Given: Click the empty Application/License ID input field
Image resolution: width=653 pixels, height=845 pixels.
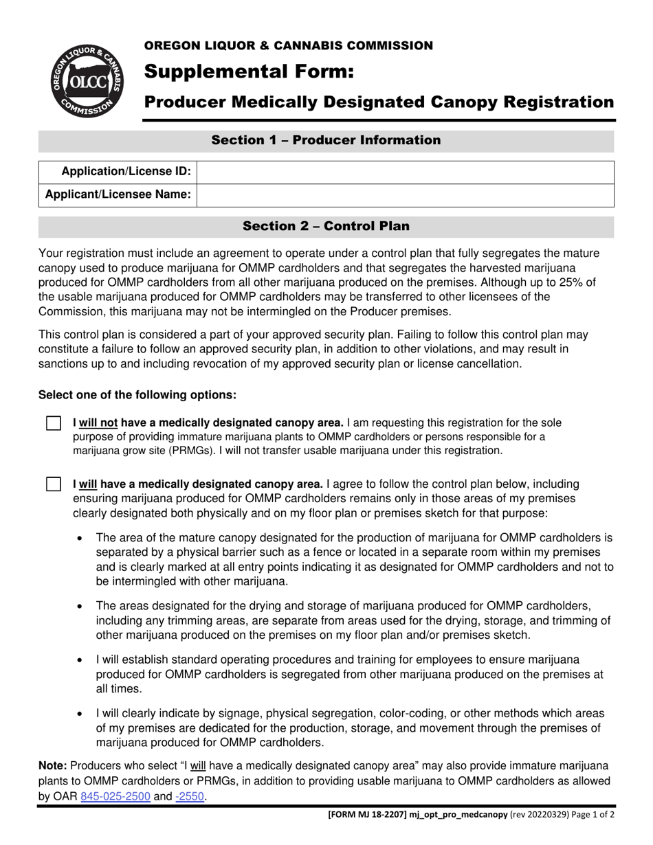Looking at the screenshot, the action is coord(406,172).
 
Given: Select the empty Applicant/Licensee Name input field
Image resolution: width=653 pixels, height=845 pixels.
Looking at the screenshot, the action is coord(406,195).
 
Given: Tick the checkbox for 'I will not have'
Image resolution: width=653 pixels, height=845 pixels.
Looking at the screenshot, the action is coord(54,423).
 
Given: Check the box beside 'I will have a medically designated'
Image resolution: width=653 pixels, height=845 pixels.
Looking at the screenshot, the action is coord(54,484).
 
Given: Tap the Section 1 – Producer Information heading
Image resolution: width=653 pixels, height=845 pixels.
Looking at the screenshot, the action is coord(326,141).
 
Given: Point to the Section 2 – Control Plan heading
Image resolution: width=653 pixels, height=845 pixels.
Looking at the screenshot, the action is coord(326,226).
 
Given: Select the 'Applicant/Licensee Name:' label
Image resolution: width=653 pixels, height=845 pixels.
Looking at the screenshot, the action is coord(118,195).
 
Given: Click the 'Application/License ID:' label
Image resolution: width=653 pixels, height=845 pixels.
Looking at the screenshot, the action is coord(126,172).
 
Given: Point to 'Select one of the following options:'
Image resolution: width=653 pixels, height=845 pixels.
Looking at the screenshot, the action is coord(137,395).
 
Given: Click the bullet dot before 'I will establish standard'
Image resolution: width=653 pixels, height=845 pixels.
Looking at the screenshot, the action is coord(81,660).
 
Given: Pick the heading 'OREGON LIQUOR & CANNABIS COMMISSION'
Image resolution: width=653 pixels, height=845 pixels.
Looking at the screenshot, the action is coord(288,46).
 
